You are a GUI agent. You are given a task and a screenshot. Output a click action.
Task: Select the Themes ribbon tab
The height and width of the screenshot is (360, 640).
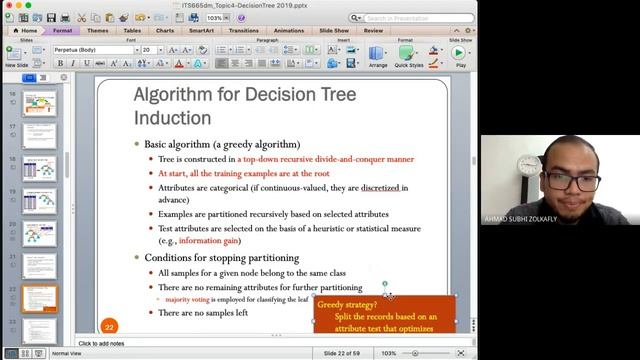click(x=98, y=30)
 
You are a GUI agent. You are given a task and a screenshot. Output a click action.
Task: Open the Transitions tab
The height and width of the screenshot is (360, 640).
click(x=242, y=30)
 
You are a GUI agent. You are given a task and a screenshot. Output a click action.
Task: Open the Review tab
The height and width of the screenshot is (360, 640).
click(x=373, y=30)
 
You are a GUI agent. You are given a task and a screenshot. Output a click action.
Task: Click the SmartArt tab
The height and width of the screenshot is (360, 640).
click(x=201, y=30)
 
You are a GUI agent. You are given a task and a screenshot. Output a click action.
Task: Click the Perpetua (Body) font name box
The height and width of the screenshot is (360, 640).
click(x=93, y=49)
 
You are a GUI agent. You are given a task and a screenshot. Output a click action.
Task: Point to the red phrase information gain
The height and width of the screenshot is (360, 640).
click(x=208, y=241)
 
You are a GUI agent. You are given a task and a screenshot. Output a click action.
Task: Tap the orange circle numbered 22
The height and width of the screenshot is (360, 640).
click(x=110, y=325)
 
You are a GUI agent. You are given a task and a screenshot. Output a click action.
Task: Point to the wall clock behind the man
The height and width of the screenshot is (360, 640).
click(x=530, y=164)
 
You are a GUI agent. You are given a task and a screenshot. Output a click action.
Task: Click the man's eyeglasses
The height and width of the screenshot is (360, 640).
click(x=571, y=181)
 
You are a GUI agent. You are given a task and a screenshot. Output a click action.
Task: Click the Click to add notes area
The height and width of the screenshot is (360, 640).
click(x=101, y=344)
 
